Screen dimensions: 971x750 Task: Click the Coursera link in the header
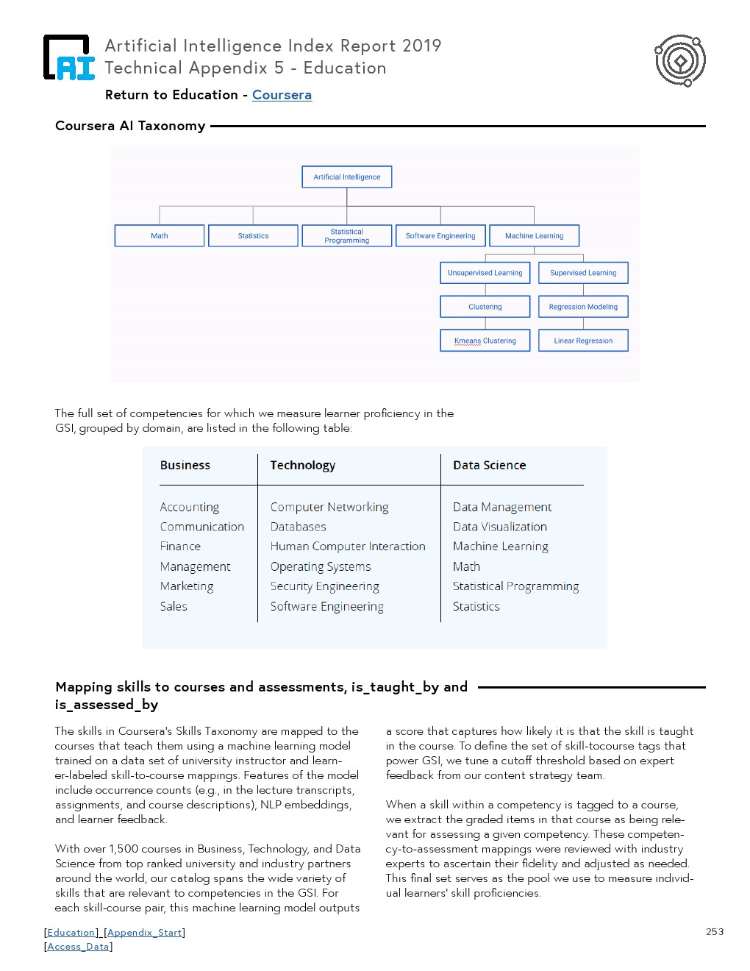(x=282, y=95)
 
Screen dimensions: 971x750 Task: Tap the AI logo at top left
(x=69, y=57)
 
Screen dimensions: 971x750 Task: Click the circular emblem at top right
(x=680, y=60)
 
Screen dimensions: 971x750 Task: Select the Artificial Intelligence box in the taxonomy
(x=347, y=177)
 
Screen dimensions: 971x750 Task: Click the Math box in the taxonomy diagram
(x=160, y=236)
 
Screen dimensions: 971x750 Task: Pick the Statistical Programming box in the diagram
(x=347, y=236)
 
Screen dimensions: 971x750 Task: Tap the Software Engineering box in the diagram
(x=440, y=236)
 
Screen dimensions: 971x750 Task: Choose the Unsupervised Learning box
(x=485, y=273)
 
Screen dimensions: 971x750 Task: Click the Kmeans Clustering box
(x=485, y=341)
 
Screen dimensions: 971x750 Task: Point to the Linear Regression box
(x=583, y=341)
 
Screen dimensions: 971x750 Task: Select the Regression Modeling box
(x=583, y=307)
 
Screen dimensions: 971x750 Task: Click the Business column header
(x=185, y=466)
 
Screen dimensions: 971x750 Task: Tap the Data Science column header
(x=490, y=466)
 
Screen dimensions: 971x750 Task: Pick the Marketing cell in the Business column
(x=187, y=586)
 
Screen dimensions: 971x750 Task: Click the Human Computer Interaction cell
(x=348, y=547)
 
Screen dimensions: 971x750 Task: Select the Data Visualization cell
(x=500, y=527)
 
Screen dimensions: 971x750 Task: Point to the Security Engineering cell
(x=325, y=586)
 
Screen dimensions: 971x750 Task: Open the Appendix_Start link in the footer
(x=144, y=933)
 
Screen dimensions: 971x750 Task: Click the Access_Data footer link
(x=78, y=947)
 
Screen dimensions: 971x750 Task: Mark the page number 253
(x=715, y=932)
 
